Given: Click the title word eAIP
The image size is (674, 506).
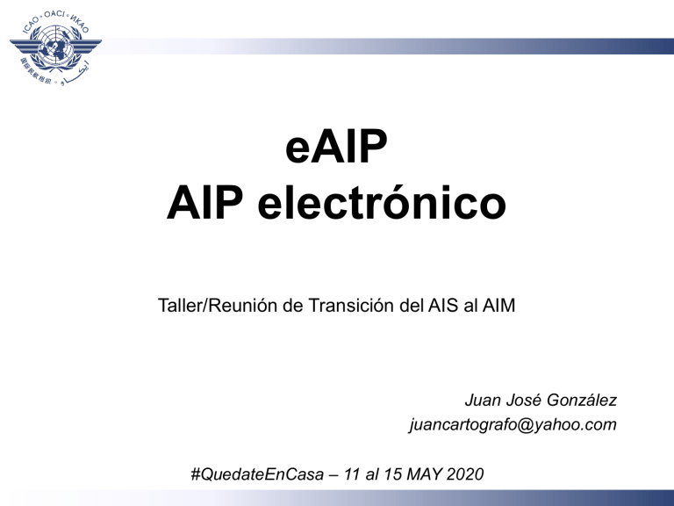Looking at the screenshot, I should click(x=336, y=152).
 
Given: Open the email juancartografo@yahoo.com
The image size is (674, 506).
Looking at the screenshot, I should click(x=513, y=425).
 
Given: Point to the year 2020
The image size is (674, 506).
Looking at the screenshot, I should click(x=464, y=474).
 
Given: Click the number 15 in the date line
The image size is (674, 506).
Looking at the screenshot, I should click(x=385, y=474).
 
